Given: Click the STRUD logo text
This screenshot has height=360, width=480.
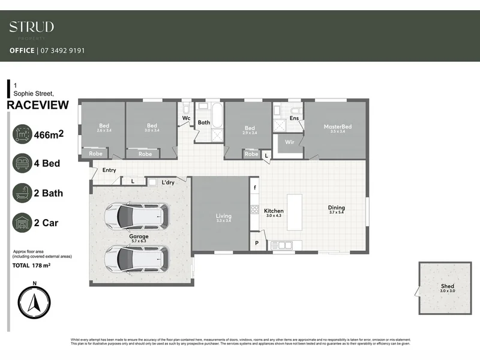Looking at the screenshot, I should tap(31, 27).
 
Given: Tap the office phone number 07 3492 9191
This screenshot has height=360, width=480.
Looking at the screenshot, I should tap(62, 51).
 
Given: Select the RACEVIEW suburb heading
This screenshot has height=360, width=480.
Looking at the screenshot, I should tap(37, 106).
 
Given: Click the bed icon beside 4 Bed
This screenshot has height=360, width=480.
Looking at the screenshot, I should tap(23, 163).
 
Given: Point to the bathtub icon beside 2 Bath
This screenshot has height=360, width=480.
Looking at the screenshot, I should tap(23, 193).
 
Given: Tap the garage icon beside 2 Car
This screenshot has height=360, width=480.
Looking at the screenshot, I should tap(23, 223).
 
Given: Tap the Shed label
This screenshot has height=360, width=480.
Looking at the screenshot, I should tap(448, 286).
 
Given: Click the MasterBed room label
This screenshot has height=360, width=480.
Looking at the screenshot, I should tap(337, 127).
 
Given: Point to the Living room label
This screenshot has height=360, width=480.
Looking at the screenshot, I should tap(223, 216).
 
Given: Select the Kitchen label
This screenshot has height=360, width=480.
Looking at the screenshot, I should tap(274, 211).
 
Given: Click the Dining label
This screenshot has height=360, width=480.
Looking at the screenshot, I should tap(337, 208).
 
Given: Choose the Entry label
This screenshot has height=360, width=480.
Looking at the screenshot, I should tap(109, 170).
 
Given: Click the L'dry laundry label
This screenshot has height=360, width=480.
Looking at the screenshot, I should tap(167, 182).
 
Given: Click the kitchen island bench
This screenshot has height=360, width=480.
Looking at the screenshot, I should tap(296, 211).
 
